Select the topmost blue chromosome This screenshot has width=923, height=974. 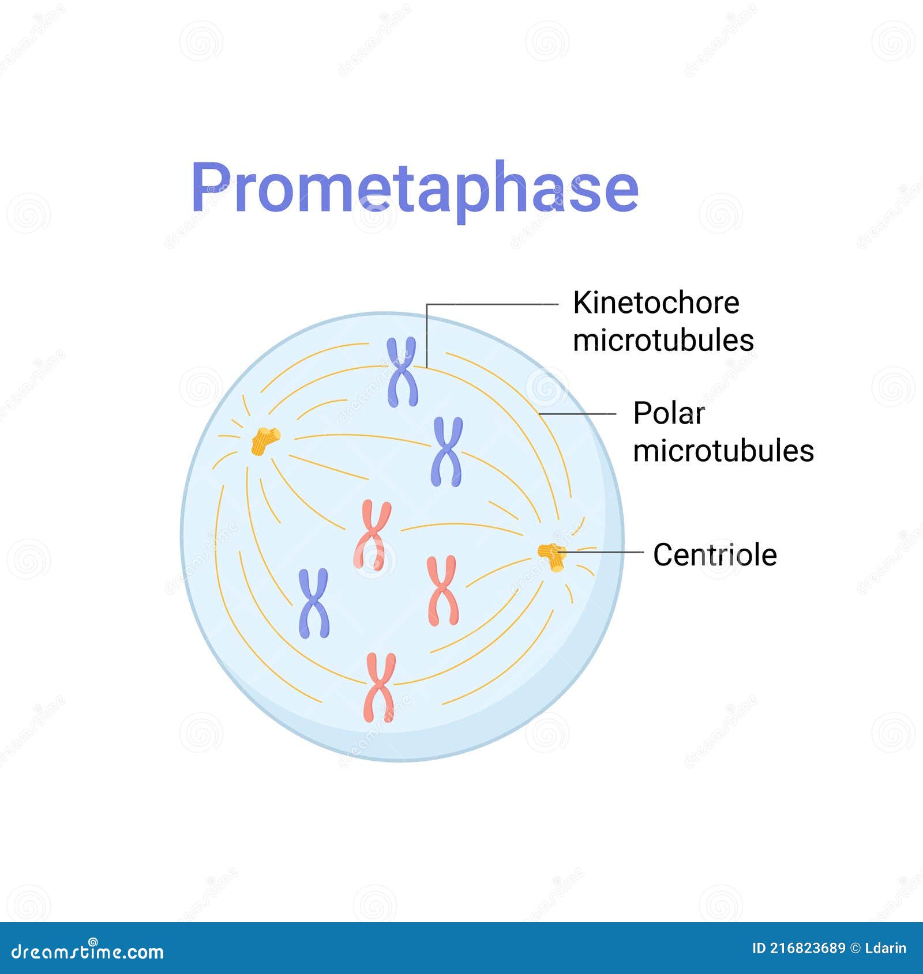tap(402, 372)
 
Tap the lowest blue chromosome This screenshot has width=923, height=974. tap(314, 603)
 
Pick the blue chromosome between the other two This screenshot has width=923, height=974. tap(447, 451)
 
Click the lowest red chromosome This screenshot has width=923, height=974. tap(380, 687)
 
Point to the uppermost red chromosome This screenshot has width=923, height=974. tap(372, 535)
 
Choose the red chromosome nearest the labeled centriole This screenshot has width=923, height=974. tap(442, 591)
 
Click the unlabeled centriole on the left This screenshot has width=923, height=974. tap(265, 441)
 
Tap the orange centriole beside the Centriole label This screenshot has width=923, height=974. tap(552, 556)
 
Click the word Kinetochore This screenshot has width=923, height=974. tap(656, 303)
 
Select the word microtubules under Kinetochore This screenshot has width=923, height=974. tap(663, 340)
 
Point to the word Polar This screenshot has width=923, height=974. tap(669, 413)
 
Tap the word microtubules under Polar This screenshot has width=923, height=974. tap(723, 451)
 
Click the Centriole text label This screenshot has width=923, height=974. tap(715, 555)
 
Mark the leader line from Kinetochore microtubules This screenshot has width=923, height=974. tap(490, 304)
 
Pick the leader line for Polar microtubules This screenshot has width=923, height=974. tap(577, 414)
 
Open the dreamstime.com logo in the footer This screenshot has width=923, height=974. tap(87, 951)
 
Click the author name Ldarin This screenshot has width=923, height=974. tap(886, 949)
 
